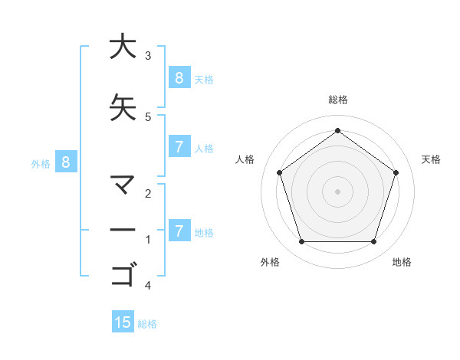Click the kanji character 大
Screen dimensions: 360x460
pos(122,47)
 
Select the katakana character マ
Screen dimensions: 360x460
pos(122,184)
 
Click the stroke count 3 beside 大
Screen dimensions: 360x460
pos(148,56)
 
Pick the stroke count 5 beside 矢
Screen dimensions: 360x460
pos(148,117)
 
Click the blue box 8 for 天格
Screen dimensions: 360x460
pos(179,78)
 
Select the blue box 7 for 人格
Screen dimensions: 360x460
pos(179,147)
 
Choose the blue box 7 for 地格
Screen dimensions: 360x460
pos(179,231)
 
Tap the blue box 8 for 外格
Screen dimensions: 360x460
pos(66,162)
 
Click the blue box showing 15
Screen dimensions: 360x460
pos(123,322)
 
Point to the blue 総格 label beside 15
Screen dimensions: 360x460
pos(147,324)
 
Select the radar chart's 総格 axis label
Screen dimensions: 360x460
pos(337,100)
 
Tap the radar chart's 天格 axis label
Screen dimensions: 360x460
pos(431,159)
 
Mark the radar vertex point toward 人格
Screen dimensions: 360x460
pos(280,172)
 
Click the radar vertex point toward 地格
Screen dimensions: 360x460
pos(373,242)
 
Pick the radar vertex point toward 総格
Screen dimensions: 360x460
pos(337,131)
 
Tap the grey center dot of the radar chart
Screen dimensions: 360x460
pos(337,191)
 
